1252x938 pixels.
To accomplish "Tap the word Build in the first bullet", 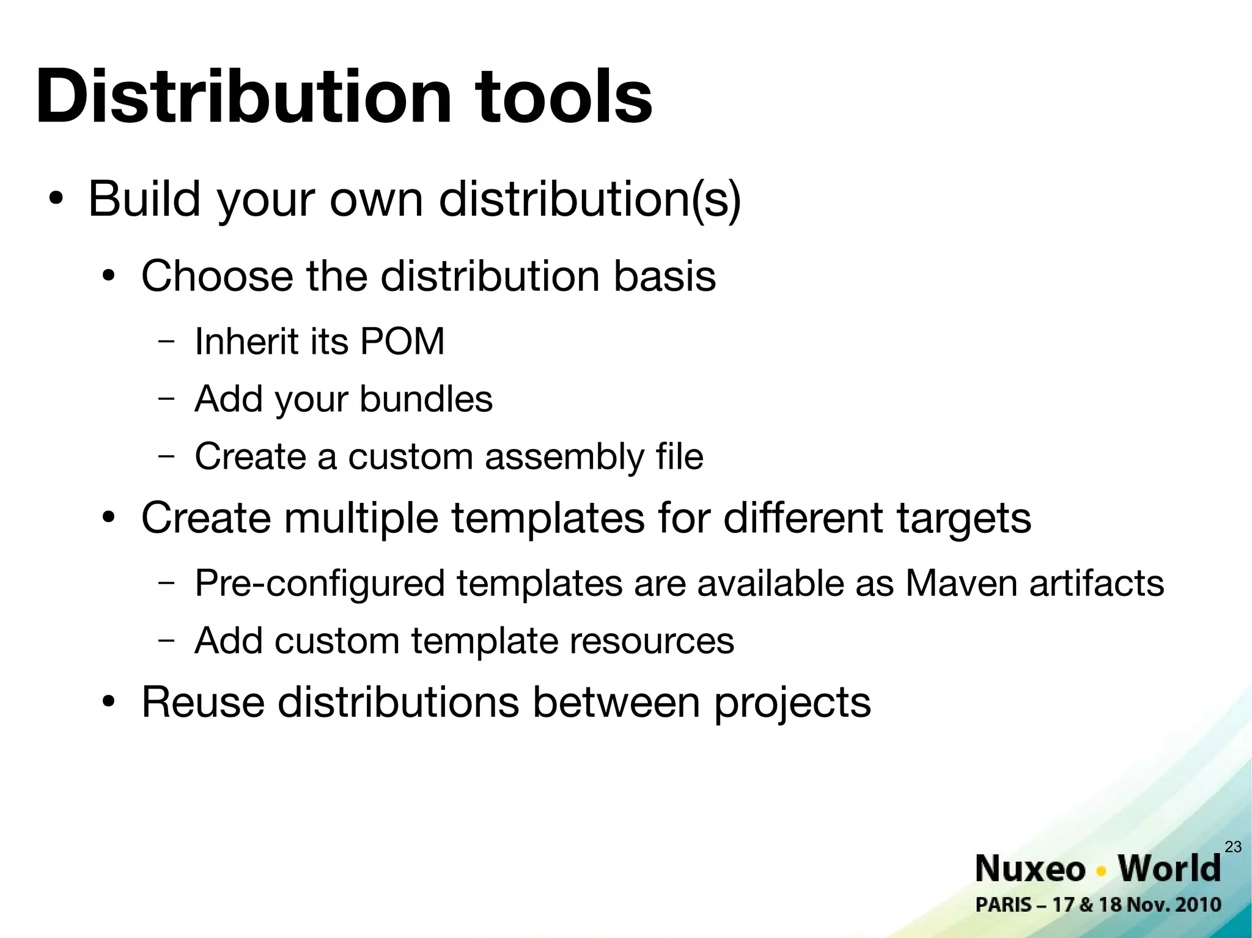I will (144, 199).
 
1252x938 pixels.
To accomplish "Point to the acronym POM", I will (402, 341).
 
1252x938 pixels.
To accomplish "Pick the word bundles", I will (425, 399).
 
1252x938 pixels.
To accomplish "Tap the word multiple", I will (361, 518).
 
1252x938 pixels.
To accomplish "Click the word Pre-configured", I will (320, 584).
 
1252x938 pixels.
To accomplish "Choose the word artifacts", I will (1097, 583).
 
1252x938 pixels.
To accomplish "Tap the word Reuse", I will (203, 702).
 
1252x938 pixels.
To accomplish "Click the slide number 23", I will (1233, 846).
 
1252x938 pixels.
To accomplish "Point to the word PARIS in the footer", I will (1003, 905).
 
